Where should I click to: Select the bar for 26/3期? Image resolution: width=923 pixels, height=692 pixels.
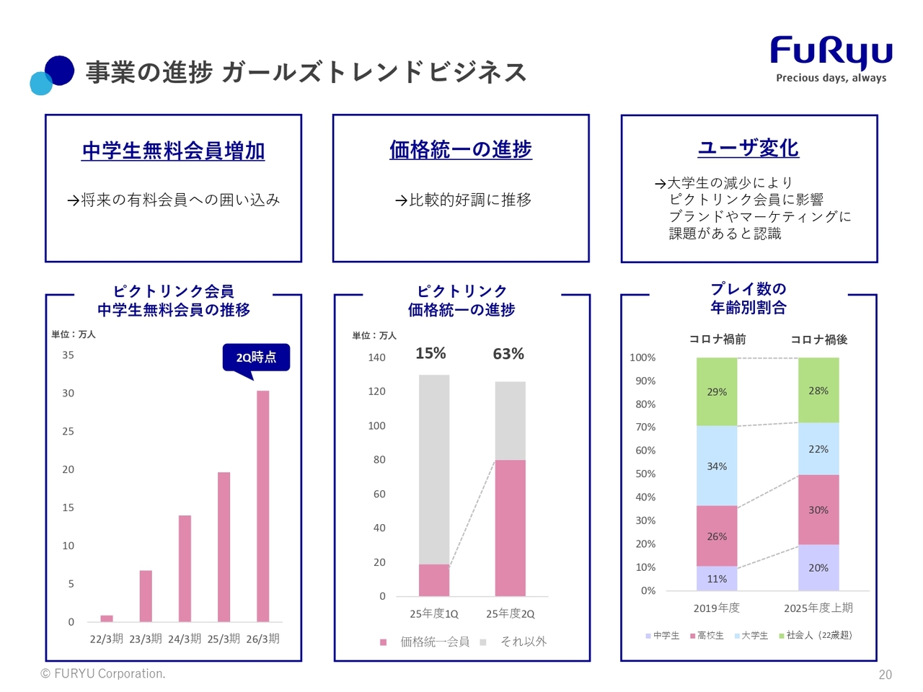pos(263,505)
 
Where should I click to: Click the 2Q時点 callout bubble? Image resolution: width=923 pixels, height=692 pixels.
pos(256,357)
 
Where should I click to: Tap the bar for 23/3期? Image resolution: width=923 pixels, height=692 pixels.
pos(146,595)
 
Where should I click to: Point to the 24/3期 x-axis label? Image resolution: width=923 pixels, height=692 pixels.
pos(185,639)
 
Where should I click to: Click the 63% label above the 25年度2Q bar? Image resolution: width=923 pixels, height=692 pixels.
pos(508,354)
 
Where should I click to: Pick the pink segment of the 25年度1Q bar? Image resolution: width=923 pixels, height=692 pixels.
pos(434,580)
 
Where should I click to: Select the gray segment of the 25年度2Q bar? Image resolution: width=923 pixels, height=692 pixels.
pos(510,420)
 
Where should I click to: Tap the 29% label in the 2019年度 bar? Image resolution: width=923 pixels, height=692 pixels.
pos(717,392)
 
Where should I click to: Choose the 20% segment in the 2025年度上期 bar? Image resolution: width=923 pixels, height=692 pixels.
pos(818,567)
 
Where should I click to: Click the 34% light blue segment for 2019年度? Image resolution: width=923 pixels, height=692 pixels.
pos(717,466)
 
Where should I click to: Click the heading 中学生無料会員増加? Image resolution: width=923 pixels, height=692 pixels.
pos(173,151)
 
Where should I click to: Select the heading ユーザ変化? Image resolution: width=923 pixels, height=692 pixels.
pos(748,148)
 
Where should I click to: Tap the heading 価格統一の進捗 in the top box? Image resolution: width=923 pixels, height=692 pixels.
pos(461,150)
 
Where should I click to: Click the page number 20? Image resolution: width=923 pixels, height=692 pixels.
pos(885,675)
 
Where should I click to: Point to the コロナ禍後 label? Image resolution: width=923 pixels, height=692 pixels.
pos(818,340)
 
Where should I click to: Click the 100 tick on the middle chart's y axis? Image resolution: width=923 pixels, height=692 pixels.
pos(376,426)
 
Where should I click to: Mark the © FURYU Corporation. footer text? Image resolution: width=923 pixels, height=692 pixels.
pos(103,674)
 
